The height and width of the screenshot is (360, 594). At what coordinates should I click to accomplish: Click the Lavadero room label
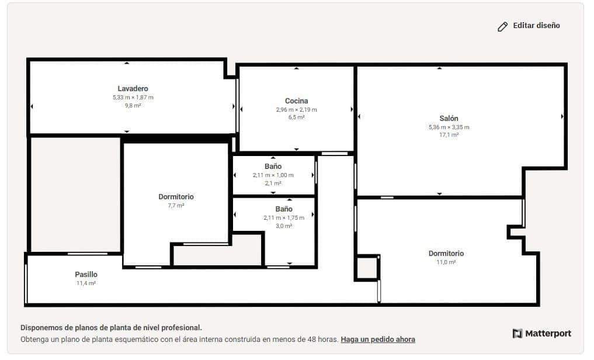pos(133,89)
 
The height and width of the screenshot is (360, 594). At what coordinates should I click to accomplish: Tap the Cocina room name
pos(296,101)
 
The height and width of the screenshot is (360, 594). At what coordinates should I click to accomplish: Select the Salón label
pos(449,118)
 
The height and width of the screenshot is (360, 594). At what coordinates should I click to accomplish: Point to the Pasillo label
pos(86,274)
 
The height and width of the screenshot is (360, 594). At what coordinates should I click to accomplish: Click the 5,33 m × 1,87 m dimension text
pos(133,98)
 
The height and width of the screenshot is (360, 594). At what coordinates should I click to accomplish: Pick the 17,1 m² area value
pos(449,135)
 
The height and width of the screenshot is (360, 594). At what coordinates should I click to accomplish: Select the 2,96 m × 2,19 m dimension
pos(296,109)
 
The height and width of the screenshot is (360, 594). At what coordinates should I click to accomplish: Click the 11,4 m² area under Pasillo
pos(86,283)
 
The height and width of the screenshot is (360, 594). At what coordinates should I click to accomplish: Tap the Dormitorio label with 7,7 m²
pos(176,197)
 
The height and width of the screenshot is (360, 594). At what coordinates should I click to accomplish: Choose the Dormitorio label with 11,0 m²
pos(446,253)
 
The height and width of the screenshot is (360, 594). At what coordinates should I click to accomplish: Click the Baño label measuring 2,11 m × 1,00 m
pos(273,167)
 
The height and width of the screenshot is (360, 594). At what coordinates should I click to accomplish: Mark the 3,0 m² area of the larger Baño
pos(284,226)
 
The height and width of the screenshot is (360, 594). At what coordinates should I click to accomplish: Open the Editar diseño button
pos(529,26)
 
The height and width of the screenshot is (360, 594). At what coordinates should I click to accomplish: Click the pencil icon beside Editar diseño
pos(502,26)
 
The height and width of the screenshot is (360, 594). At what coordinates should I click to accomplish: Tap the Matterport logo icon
pos(517,334)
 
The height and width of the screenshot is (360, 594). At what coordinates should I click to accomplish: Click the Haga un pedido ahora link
pos(378,339)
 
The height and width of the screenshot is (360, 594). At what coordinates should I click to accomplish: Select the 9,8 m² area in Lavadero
pos(133,106)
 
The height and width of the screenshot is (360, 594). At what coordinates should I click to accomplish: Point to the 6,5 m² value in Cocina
pos(296,117)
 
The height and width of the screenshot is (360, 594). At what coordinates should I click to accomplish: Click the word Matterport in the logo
pos(548,334)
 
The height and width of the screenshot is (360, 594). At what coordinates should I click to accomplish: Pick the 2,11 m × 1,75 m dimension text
pos(284,218)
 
